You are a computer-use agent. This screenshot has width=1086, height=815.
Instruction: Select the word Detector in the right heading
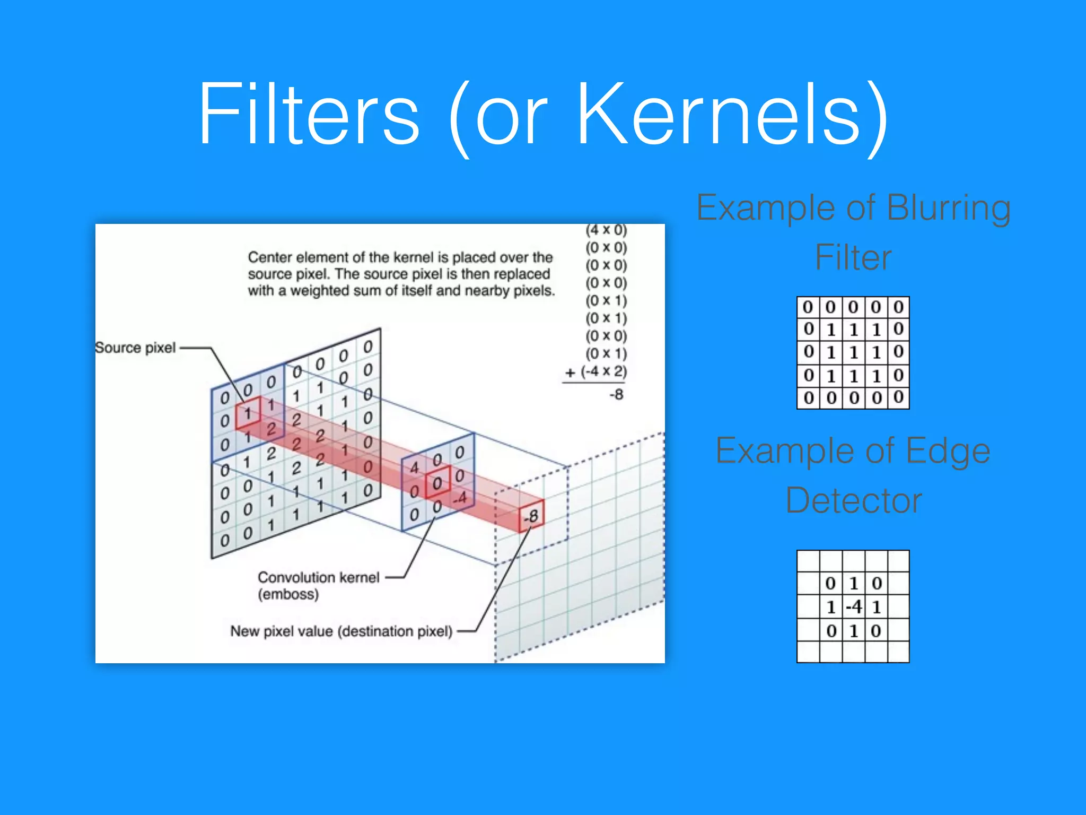[853, 500]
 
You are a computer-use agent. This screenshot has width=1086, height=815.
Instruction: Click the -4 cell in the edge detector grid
[854, 606]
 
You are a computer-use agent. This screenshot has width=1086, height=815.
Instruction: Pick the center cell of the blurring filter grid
[853, 352]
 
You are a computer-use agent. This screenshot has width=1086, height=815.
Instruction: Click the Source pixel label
[135, 348]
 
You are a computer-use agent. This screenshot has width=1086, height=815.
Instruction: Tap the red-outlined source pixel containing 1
[248, 413]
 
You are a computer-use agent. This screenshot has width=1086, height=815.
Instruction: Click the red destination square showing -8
[531, 515]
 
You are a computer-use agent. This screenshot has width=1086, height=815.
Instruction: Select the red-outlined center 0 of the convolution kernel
[437, 482]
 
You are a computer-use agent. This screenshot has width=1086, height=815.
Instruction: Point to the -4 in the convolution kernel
[460, 498]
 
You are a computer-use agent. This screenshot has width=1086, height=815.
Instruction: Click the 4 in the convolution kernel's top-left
[414, 467]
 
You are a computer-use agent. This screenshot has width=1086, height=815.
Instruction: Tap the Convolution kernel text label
[318, 577]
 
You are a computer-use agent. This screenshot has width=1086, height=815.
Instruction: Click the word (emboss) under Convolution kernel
[288, 594]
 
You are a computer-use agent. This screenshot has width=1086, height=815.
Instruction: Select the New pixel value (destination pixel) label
[341, 631]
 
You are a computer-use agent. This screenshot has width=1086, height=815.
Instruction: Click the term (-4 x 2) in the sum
[603, 371]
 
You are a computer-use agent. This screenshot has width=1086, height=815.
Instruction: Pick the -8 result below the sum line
[616, 395]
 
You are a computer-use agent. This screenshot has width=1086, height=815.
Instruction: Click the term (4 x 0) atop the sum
[606, 230]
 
